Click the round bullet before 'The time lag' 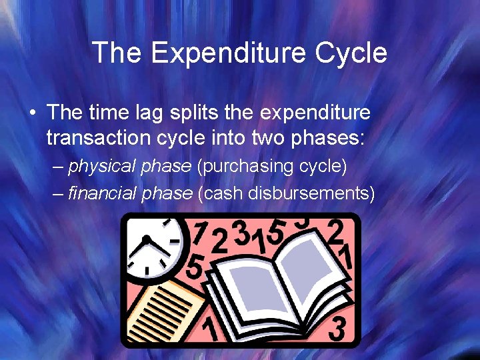[x=33, y=111]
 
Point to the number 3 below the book [x=337, y=329]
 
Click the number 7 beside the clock [x=199, y=233]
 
